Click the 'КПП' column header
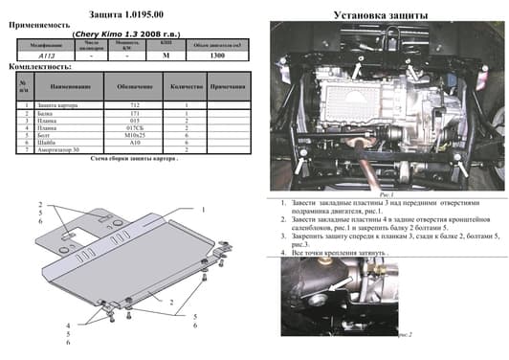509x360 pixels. pos(166,44)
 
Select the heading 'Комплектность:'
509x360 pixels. pos(37,69)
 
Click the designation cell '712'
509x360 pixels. pos(135,104)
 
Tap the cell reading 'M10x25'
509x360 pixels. pos(135,136)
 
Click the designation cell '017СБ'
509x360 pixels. pos(135,128)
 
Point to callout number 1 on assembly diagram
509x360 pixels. pos(204,209)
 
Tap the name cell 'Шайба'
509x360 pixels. pos(42,144)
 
